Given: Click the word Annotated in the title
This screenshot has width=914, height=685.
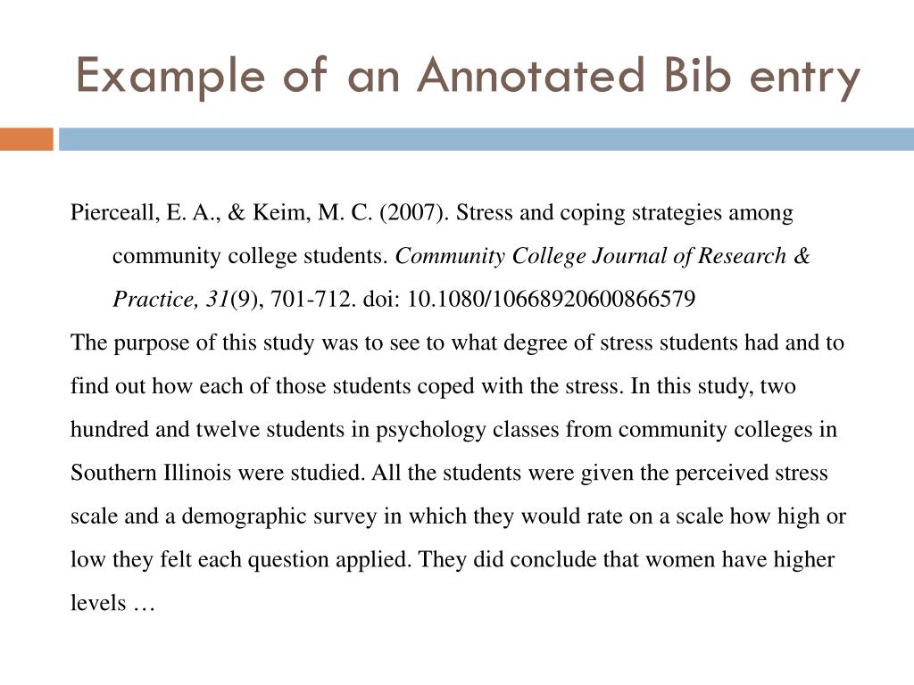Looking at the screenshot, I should coord(529,77).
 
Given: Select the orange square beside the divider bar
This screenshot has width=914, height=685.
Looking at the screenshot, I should coord(26,139).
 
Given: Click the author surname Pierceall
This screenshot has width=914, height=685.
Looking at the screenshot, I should coord(112,214).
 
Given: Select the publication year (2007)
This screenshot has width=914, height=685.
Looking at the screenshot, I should coord(410,214).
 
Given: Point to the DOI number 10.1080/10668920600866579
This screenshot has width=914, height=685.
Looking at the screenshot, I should coord(551,300).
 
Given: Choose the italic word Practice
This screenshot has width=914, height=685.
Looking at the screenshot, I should coord(148,300).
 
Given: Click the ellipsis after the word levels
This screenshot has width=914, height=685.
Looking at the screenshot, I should coord(143,604).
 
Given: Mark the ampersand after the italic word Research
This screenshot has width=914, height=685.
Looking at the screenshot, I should coord(802,257).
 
